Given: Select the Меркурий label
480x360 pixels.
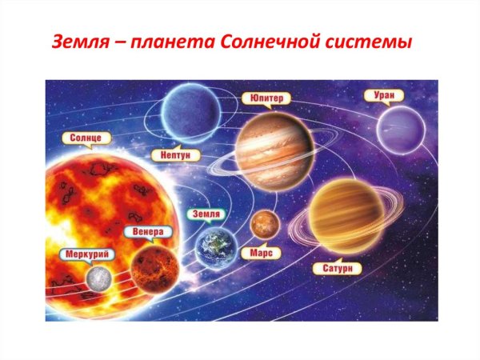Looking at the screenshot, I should [86, 254].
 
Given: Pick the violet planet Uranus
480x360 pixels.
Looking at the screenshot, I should [401, 128].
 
